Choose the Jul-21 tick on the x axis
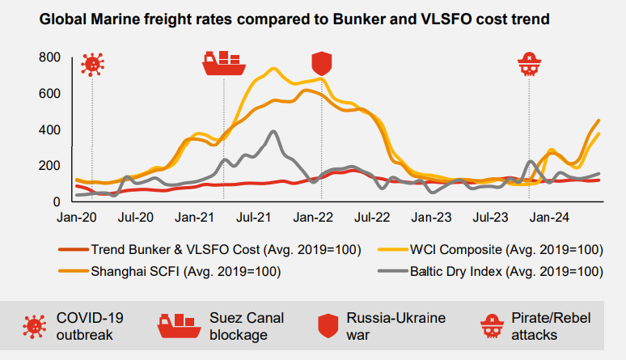click(x=254, y=218)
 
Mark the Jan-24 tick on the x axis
click(x=548, y=218)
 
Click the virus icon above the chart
click(x=92, y=65)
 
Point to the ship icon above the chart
click(x=224, y=63)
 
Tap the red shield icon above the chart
click(x=322, y=63)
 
